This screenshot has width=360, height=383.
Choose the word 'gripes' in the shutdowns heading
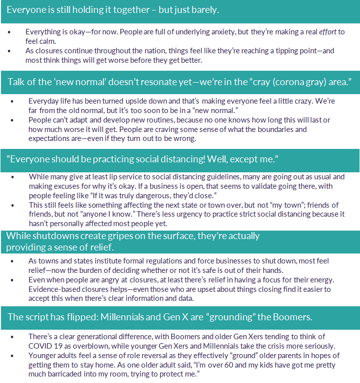[x=129, y=236]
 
